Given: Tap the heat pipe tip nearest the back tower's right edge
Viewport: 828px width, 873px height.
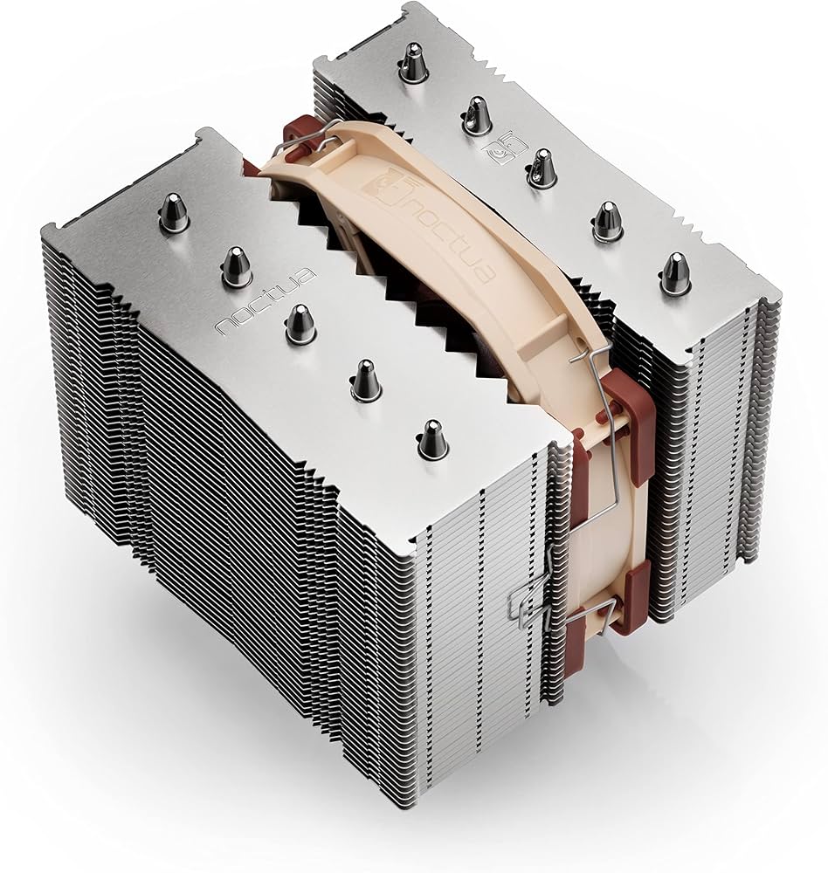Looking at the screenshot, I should click(x=673, y=272).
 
